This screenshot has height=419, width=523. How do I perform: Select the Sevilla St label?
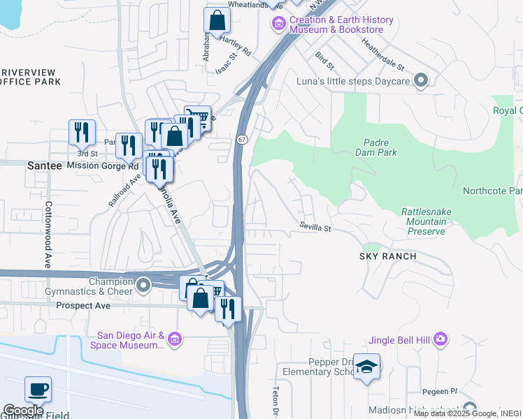click(x=315, y=226)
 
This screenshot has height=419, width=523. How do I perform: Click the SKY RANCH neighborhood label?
click(x=388, y=256)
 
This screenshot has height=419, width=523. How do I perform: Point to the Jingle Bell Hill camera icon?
click(x=440, y=339)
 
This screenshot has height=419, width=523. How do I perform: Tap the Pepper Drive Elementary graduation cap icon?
click(x=366, y=367)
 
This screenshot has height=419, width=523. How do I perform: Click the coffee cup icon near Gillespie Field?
click(x=38, y=389)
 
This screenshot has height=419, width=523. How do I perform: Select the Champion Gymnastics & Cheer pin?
click(x=143, y=284)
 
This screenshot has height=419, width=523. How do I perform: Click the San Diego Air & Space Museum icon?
click(x=175, y=340)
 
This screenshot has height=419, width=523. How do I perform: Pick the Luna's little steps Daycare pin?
click(x=420, y=82)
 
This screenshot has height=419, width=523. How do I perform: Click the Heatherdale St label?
click(x=382, y=54)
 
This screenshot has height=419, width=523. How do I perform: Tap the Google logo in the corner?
click(x=22, y=410)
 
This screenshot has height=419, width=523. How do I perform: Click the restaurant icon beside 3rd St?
click(x=82, y=133)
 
